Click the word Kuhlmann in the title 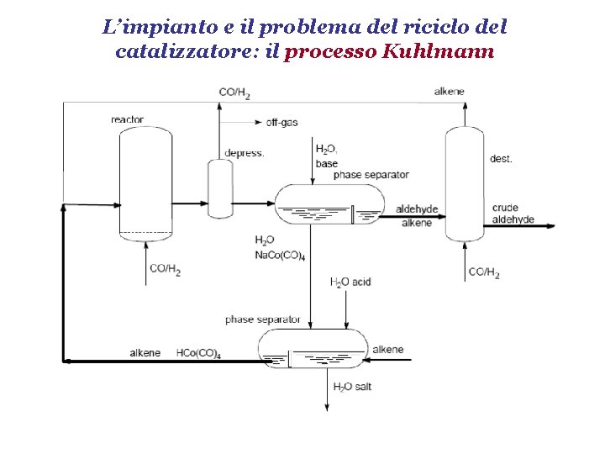pos(438,51)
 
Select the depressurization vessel pos(220,188)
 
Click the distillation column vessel pos(465,183)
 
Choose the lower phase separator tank pos(313,349)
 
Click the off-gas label pos(281,122)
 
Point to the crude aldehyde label pos(513,214)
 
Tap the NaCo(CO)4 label pos(280,255)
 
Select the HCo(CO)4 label pos(198,353)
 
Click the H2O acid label pos(350,282)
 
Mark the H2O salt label pos(353,387)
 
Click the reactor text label pos(127,119)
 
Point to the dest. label pos(501,158)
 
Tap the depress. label pos(245,153)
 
